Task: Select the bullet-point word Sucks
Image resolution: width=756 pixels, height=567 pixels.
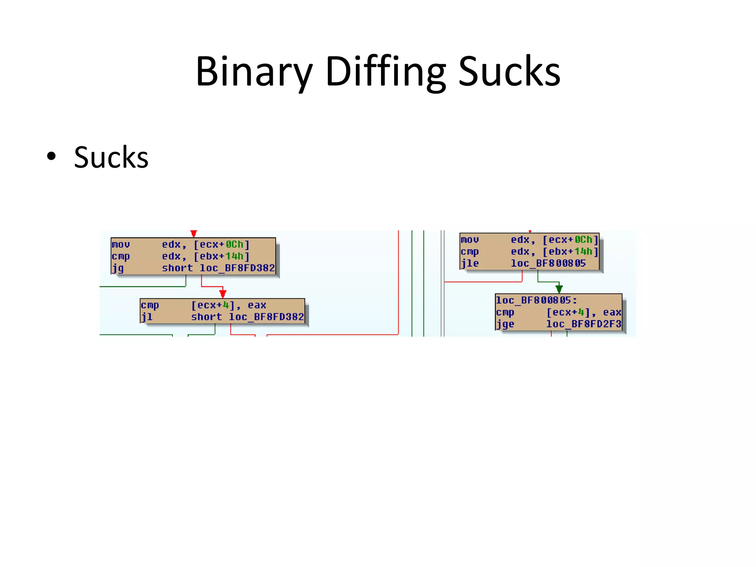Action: pyautogui.click(x=111, y=158)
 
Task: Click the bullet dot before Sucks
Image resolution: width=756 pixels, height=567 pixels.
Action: pyautogui.click(x=51, y=156)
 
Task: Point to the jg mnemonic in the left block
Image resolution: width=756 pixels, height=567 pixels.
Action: pyautogui.click(x=118, y=268)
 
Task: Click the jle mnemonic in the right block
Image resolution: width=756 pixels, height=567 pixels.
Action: pyautogui.click(x=470, y=264)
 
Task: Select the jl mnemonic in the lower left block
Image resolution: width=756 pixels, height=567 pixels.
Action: pyautogui.click(x=147, y=317)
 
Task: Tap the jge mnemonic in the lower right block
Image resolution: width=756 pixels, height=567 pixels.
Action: pyautogui.click(x=505, y=324)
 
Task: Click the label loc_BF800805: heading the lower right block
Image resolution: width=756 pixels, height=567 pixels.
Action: pyautogui.click(x=536, y=300)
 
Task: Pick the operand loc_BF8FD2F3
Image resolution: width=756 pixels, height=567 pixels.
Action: pyautogui.click(x=584, y=324)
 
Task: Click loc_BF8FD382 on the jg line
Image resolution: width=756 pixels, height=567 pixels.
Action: pyautogui.click(x=237, y=268)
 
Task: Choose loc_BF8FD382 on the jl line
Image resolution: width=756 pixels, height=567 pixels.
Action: pyautogui.click(x=266, y=317)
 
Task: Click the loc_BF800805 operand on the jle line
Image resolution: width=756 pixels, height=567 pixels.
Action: pyautogui.click(x=548, y=264)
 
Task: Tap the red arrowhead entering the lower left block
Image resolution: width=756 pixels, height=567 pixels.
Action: pyautogui.click(x=223, y=294)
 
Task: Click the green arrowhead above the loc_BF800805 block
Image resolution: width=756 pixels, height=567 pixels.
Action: pyautogui.click(x=559, y=289)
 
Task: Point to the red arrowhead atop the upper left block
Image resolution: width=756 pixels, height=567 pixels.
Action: pyautogui.click(x=193, y=234)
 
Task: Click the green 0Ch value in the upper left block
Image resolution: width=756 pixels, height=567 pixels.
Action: pyautogui.click(x=234, y=245)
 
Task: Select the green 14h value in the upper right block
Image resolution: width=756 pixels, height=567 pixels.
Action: pyautogui.click(x=583, y=252)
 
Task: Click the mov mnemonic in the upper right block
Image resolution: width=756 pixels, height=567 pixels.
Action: pyautogui.click(x=470, y=240)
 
